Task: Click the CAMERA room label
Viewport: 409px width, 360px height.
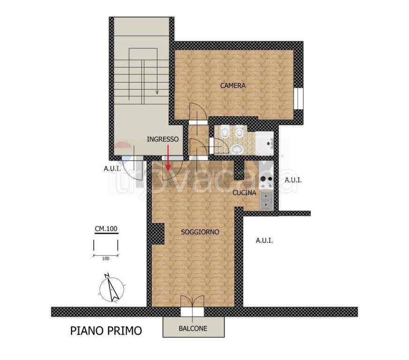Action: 233,86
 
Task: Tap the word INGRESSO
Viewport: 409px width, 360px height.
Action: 163,139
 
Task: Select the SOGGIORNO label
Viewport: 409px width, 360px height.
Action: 200,232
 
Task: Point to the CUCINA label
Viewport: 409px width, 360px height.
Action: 244,193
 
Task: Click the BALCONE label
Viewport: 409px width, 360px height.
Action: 193,329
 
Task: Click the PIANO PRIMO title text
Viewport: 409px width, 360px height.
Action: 106,330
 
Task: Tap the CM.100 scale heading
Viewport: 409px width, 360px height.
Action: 106,229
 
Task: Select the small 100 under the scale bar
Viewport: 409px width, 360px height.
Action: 105,259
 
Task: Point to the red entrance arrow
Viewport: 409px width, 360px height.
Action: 168,158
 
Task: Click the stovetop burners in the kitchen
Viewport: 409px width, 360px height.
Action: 266,182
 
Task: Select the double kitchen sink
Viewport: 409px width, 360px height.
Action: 266,200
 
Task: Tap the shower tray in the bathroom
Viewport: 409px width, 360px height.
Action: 265,143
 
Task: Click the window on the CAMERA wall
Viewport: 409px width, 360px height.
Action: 298,98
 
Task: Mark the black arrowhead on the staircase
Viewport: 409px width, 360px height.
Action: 157,92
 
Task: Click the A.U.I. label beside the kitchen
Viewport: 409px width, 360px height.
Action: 293,180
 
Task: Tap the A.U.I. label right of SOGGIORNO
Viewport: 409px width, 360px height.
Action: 264,240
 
